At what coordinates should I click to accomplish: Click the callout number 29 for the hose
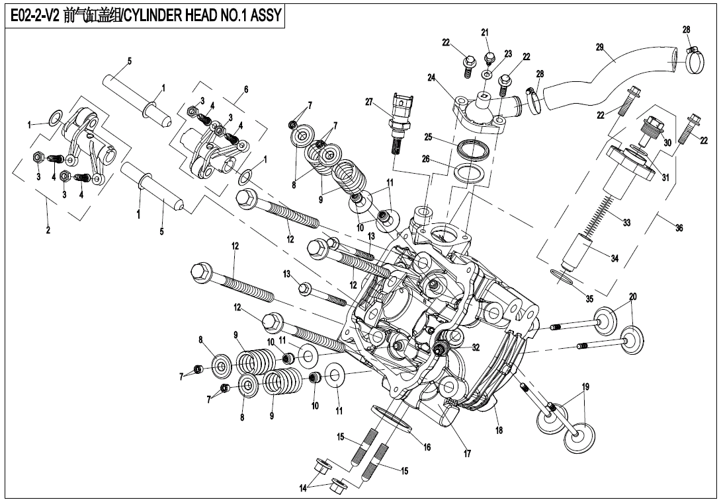(x=599, y=47)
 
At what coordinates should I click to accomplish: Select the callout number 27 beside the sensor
(x=370, y=102)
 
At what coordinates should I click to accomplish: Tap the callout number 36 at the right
(x=679, y=228)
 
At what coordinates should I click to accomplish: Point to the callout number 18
(x=499, y=431)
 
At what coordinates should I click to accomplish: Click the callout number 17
(x=467, y=454)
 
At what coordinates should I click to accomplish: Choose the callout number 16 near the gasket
(x=427, y=447)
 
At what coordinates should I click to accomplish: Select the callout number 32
(x=476, y=347)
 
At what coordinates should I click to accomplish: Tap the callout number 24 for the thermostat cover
(x=431, y=77)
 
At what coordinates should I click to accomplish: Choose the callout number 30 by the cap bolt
(x=667, y=142)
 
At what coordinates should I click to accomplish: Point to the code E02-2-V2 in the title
(x=36, y=15)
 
